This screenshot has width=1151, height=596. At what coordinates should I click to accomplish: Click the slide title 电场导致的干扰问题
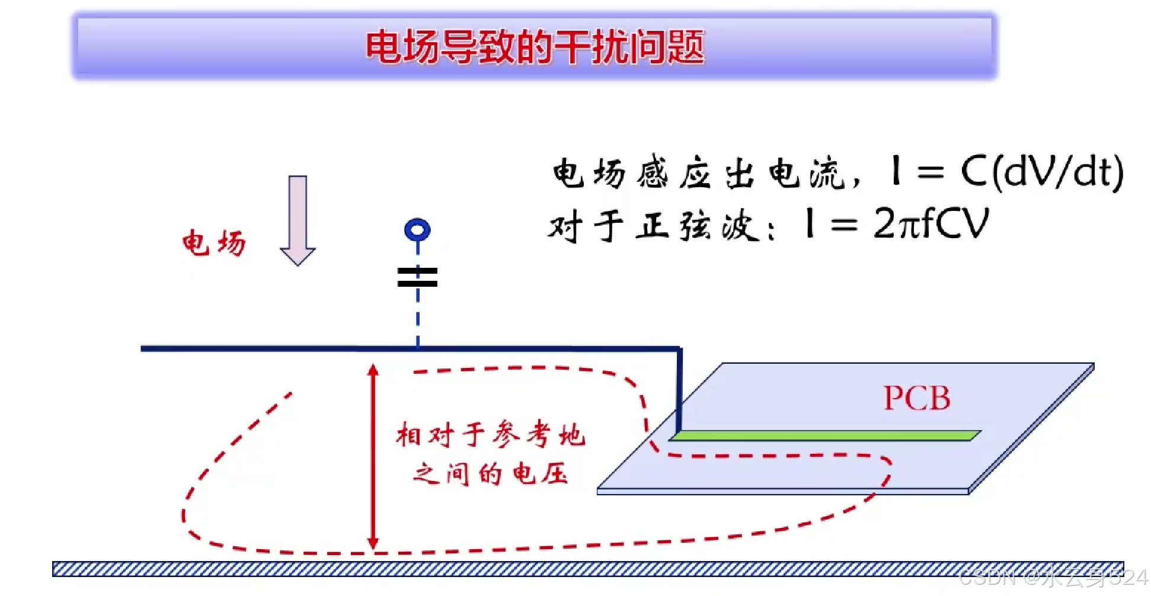[x=535, y=47]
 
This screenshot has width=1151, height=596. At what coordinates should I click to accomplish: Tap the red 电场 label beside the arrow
[x=213, y=243]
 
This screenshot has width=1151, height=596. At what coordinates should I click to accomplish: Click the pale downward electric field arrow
[x=298, y=220]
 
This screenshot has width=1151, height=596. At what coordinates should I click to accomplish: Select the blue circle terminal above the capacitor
[x=417, y=230]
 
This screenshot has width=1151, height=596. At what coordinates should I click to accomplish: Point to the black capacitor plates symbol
[x=417, y=277]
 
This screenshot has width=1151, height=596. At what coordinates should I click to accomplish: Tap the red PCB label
[x=916, y=398]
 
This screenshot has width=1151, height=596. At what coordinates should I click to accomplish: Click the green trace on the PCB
[x=824, y=436]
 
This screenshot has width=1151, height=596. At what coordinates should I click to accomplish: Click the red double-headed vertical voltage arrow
[x=373, y=456]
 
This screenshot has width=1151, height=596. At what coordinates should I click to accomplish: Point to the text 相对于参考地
[x=491, y=435]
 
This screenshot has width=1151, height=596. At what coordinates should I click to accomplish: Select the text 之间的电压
[x=491, y=474]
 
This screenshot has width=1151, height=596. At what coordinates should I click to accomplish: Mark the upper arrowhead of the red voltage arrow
[x=373, y=370]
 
